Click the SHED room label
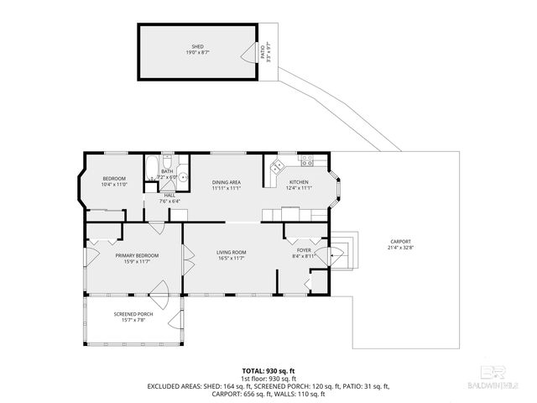[197, 47]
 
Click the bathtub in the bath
[150, 171]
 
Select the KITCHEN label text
[299, 182]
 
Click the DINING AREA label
[227, 182]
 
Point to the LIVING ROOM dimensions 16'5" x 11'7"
[231, 258]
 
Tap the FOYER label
[303, 249]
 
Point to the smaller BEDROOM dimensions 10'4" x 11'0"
[114, 184]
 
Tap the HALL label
[169, 195]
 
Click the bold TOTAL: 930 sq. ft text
[268, 370]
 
